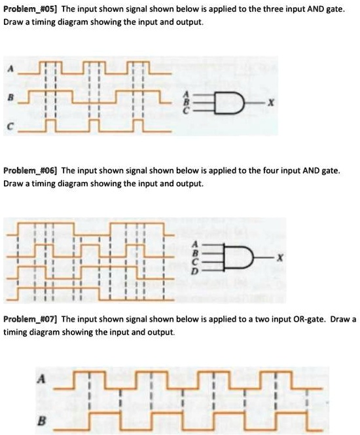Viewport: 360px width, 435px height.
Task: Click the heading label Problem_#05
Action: coord(30,9)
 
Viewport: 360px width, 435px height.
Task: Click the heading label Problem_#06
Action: coord(30,170)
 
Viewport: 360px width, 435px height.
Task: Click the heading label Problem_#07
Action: coord(30,319)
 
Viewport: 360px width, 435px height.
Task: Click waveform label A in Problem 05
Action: coord(10,69)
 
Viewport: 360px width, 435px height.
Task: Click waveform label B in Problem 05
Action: coord(10,98)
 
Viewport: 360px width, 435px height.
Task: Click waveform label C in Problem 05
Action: coord(10,127)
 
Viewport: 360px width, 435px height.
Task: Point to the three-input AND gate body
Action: coord(228,103)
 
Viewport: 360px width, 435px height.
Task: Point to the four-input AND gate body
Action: coord(238,257)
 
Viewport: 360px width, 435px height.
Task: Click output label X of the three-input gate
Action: coord(271,104)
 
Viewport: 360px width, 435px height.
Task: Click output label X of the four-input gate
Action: coord(280,258)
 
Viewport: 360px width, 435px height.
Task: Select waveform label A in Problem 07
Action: coord(41,379)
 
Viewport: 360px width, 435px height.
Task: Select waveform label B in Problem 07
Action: coord(41,421)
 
